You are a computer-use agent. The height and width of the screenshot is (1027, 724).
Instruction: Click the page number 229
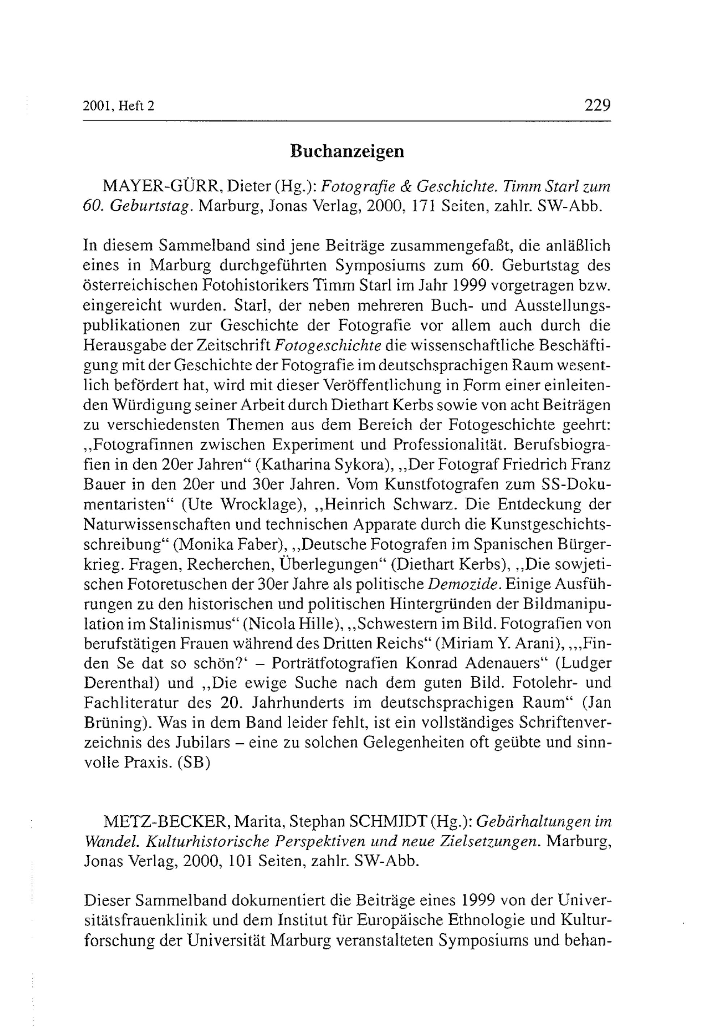pos(597,106)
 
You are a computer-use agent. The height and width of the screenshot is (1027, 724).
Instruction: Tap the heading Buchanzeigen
pos(347,151)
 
